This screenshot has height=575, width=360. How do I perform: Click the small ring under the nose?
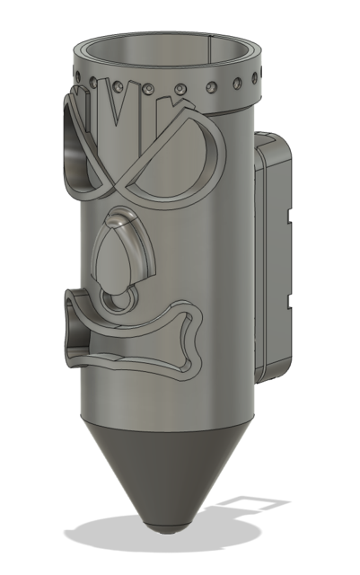[x=116, y=300]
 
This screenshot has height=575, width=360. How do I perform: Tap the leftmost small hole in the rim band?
[x=72, y=67]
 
